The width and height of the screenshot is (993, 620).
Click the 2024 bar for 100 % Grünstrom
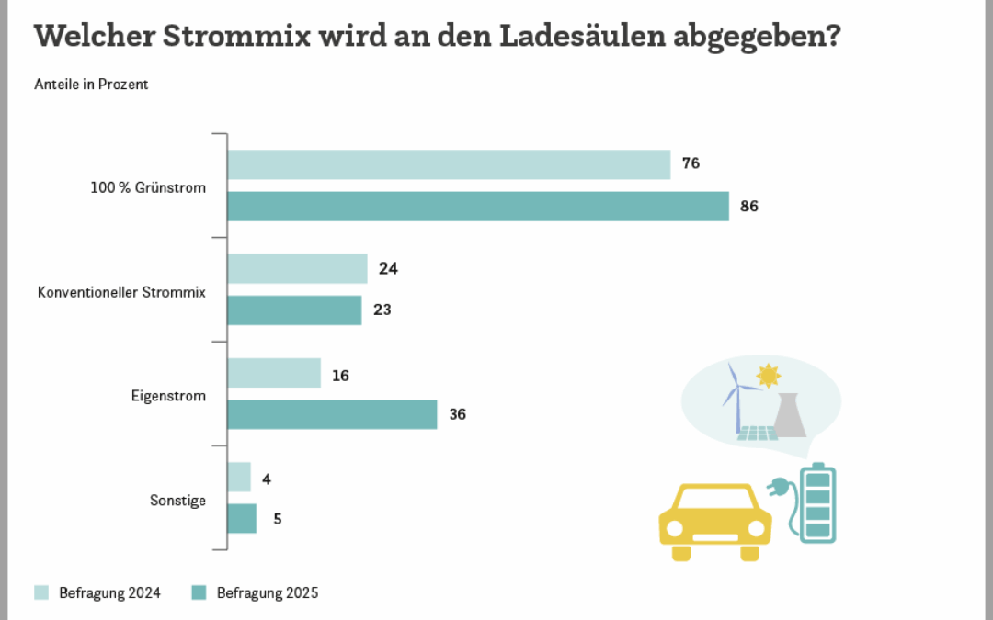point(449,164)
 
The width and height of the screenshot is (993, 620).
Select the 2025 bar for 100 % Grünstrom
point(478,207)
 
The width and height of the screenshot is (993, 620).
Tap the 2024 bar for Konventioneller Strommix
point(297,269)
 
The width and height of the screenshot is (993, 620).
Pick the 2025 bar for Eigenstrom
point(332,414)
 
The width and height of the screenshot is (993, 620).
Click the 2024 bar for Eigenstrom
point(274,373)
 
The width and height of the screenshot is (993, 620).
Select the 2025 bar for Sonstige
point(242,518)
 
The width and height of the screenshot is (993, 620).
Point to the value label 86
point(748,207)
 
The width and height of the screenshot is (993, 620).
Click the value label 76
point(691,164)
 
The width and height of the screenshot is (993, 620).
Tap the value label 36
point(457,414)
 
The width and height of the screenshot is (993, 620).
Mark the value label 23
point(382,310)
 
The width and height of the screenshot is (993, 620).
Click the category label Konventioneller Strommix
point(121,292)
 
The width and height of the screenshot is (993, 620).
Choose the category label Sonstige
point(177,501)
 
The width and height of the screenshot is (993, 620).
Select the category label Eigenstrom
point(168,397)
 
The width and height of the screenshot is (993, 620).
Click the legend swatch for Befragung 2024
point(42,592)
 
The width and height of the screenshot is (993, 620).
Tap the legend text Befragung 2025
point(268,593)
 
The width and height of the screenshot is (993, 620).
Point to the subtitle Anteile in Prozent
point(91,85)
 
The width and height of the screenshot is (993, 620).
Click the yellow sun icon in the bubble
point(768,376)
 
